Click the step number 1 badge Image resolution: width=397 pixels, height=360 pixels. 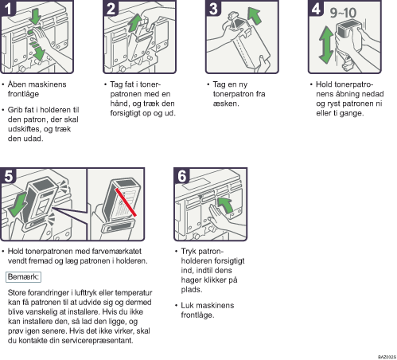[x=8, y=8]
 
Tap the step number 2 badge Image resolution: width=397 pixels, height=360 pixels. [x=111, y=8]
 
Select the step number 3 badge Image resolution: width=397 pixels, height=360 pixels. [x=213, y=8]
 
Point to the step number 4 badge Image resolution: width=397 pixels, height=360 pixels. [x=316, y=8]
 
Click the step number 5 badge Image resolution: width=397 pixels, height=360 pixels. [x=8, y=175]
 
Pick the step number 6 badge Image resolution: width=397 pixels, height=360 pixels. [x=182, y=175]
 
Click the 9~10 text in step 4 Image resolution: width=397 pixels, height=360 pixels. [x=343, y=13]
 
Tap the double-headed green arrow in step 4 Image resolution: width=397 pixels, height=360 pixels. [x=326, y=45]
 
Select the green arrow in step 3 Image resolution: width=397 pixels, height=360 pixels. [x=255, y=16]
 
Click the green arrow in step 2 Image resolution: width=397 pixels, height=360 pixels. [x=135, y=23]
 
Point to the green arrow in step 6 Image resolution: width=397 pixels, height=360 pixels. [x=225, y=205]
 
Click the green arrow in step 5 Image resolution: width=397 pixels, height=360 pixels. [x=18, y=205]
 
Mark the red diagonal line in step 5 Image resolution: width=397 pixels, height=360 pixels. [x=126, y=202]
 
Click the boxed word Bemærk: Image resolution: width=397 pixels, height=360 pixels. [x=23, y=277]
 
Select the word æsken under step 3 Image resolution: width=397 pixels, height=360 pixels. [x=226, y=104]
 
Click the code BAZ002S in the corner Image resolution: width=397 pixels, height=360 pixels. [x=387, y=357]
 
